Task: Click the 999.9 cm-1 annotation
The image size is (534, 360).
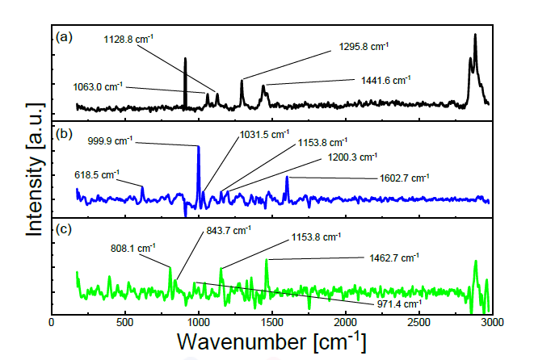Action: click(x=111, y=141)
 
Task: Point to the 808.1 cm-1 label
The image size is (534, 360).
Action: click(x=130, y=248)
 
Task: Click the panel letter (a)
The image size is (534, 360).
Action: click(x=64, y=37)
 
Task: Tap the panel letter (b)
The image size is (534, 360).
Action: click(x=64, y=135)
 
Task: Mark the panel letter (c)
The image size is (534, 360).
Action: click(x=64, y=228)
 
